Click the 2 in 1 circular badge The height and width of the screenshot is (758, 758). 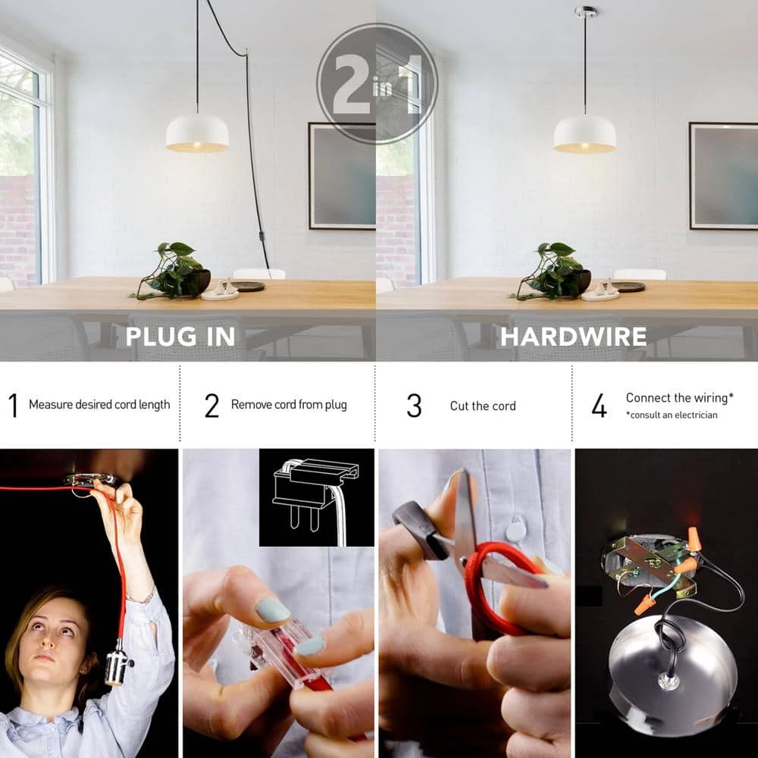377,83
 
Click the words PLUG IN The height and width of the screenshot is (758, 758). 180,337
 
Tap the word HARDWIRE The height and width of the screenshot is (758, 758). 573,337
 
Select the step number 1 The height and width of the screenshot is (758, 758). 14,405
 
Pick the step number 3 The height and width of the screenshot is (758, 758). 414,405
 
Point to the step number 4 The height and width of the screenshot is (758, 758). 599,405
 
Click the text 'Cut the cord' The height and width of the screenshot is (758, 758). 482,406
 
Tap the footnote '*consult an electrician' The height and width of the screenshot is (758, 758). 672,415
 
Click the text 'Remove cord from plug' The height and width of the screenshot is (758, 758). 289,405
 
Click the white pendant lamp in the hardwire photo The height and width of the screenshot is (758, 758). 584,134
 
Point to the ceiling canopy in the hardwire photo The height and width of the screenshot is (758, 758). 585,11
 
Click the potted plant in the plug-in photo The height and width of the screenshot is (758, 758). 174,271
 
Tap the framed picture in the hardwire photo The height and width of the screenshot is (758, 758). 723,176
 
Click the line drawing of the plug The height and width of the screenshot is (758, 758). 316,499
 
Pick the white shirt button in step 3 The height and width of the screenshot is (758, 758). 515,529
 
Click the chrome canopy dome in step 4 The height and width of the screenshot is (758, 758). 672,672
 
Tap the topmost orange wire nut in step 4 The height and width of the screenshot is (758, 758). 694,538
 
